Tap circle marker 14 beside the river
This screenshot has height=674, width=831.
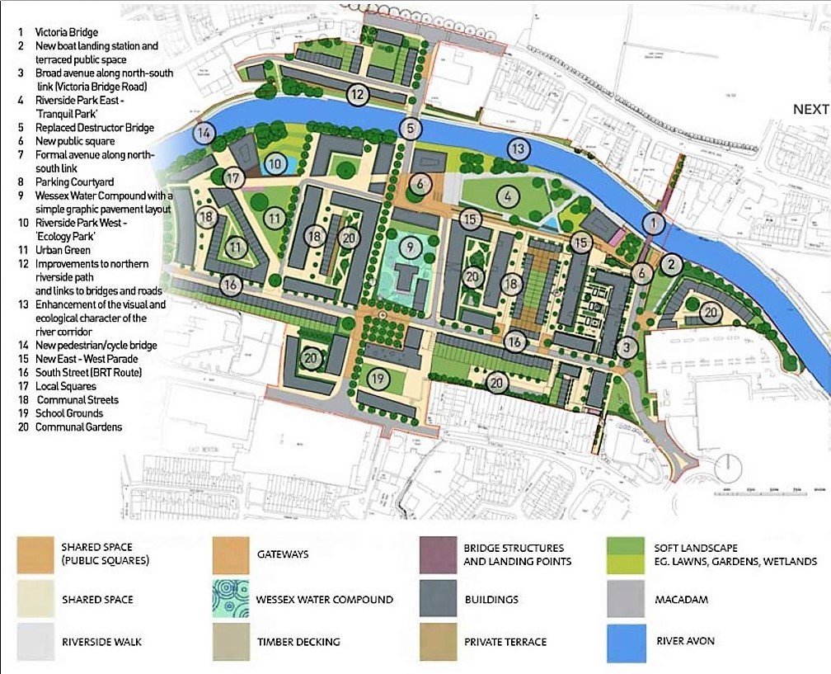(204, 132)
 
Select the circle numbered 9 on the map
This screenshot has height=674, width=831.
(406, 246)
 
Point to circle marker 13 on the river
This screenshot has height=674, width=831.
(517, 149)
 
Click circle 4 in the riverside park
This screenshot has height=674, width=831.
(509, 197)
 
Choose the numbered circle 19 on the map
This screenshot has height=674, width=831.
(378, 379)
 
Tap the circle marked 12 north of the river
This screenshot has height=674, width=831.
(356, 94)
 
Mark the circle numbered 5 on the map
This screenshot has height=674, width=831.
(411, 128)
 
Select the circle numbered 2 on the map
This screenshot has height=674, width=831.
(671, 264)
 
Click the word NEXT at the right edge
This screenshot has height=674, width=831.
(811, 109)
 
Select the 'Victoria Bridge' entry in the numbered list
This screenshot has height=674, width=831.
(66, 33)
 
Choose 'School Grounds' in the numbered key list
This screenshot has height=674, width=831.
(68, 413)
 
